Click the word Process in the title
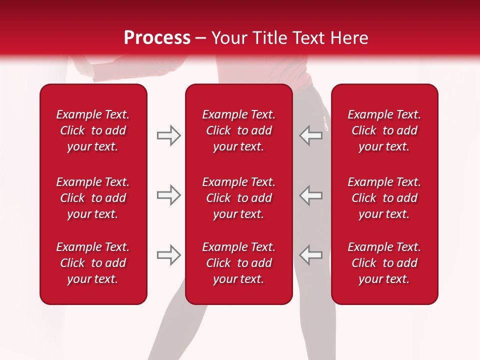pos(157,38)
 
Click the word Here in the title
pos(349,38)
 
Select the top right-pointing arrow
pos(168,135)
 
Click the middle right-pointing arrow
pos(168,195)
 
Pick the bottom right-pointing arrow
pos(168,255)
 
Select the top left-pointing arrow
pos(310,135)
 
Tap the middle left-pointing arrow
pos(310,195)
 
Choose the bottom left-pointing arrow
pos(310,255)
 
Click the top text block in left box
pos(93,130)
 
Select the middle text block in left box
pos(93,198)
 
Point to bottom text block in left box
pos(93,263)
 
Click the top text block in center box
pos(239,130)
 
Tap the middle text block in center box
pos(239,198)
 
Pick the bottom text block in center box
pos(239,263)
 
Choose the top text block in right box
pos(384,130)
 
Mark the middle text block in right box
pos(384,198)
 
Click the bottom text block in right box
pos(384,263)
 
